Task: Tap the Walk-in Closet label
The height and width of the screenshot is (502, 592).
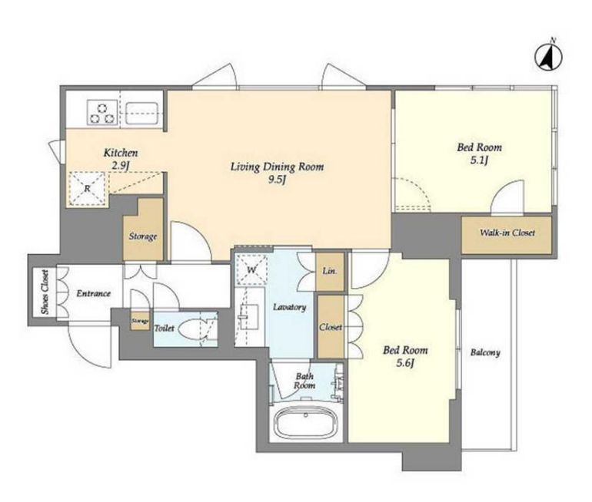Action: [x=507, y=233]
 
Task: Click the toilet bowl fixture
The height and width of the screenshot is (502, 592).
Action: [x=191, y=329]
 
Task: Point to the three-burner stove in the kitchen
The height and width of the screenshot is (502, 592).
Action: [x=102, y=112]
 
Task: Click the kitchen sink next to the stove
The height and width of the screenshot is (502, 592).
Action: [x=141, y=113]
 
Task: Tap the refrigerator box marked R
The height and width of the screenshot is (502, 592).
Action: [x=87, y=188]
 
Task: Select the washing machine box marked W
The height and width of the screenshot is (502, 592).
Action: [x=251, y=269]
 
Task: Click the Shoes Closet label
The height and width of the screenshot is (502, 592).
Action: [x=45, y=292]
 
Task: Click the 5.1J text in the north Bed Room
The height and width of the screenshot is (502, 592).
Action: [x=480, y=160]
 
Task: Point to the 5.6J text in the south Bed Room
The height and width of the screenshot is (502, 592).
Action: [x=405, y=363]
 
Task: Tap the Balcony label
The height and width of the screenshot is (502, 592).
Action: [x=486, y=353]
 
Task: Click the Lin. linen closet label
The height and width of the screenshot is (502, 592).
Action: [x=329, y=271]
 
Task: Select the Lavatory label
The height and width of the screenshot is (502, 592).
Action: [x=290, y=307]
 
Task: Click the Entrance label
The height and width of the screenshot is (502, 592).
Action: [x=93, y=293]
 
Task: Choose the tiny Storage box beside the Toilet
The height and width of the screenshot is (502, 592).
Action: [x=140, y=321]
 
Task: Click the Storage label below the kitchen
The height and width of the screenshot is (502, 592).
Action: [x=143, y=236]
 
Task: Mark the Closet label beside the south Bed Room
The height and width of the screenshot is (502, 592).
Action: [x=331, y=327]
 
